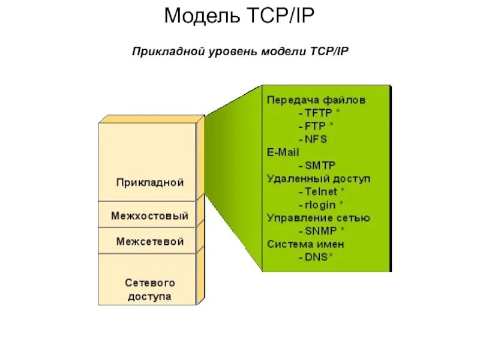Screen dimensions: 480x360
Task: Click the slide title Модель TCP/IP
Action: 239,16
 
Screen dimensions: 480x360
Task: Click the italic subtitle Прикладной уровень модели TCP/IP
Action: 240,52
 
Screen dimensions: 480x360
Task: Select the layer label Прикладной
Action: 149,182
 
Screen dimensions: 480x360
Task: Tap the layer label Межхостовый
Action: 149,215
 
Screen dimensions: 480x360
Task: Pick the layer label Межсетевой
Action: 149,242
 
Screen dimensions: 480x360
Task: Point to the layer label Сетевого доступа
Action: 149,289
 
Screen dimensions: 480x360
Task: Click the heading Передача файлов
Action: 316,100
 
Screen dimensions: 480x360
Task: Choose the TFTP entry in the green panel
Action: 319,112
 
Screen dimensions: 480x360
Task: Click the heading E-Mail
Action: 283,152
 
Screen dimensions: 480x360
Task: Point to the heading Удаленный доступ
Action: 319,178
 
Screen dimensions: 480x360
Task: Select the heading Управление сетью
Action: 318,218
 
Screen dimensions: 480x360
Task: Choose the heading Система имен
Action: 305,244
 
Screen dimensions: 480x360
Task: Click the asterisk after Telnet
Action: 342,190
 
